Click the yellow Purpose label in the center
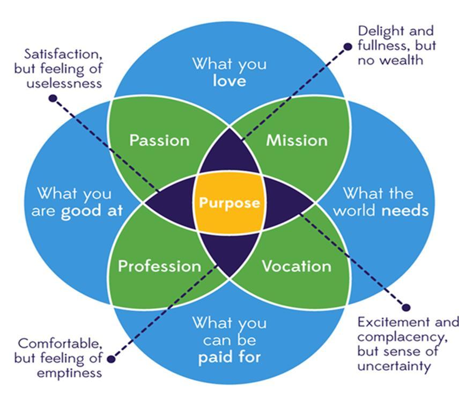pyautogui.click(x=230, y=203)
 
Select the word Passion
pyautogui.click(x=159, y=141)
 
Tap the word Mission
pyautogui.click(x=297, y=141)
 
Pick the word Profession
pyautogui.click(x=159, y=266)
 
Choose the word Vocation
pyautogui.click(x=296, y=266)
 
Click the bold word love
pyautogui.click(x=229, y=81)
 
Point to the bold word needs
pyautogui.click(x=405, y=210)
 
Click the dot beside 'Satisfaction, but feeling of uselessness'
pyautogui.click(x=53, y=98)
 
